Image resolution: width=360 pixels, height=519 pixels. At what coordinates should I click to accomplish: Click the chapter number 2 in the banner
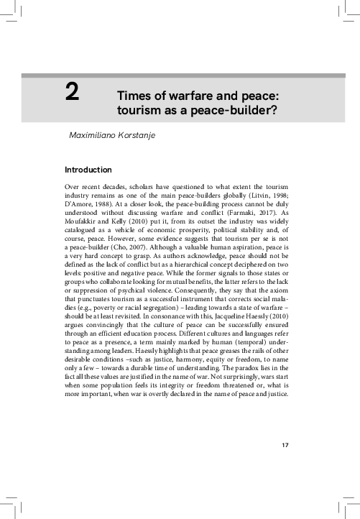click(x=72, y=94)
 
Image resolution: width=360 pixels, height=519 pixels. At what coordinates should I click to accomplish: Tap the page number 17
click(x=285, y=446)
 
